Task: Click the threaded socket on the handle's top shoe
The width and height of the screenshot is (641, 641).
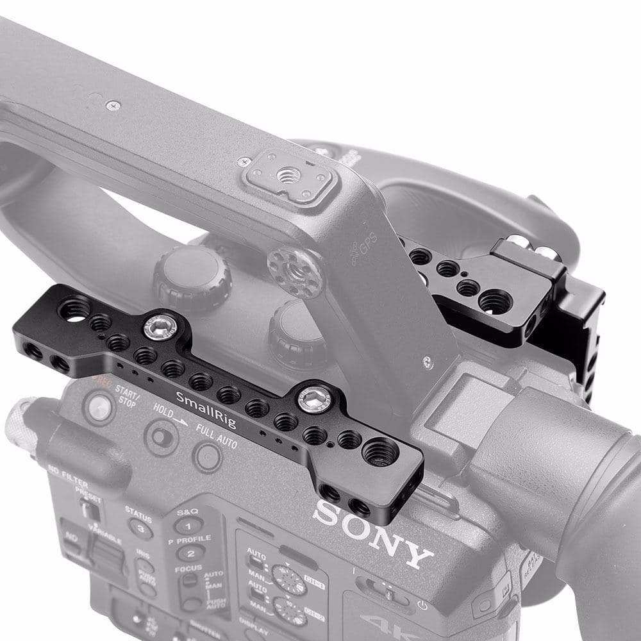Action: (290, 174)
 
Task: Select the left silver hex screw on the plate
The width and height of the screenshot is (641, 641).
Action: (158, 328)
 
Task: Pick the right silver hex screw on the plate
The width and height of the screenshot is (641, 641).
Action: (312, 400)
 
